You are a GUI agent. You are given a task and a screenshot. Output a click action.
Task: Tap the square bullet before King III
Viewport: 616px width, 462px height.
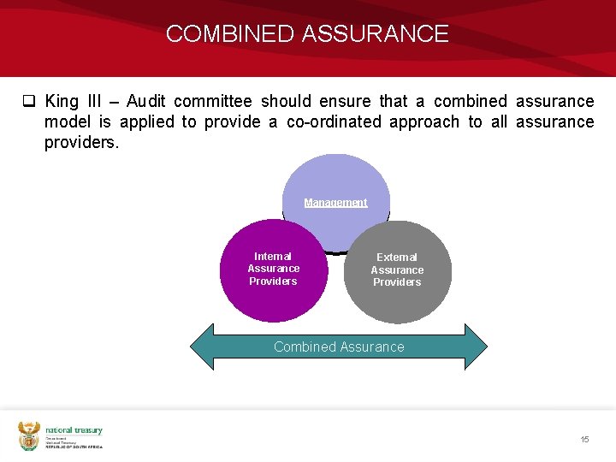[x=28, y=102]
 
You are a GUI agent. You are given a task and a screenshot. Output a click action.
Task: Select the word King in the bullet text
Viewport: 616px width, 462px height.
[x=62, y=102]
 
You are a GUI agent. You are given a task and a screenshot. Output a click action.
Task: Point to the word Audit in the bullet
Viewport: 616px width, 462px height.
[x=150, y=102]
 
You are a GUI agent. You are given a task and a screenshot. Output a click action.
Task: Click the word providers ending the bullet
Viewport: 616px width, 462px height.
[x=81, y=142]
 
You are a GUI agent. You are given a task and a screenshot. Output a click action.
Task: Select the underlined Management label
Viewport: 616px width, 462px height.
[x=335, y=203]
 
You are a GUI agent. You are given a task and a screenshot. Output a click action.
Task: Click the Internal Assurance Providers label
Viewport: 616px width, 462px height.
[x=273, y=269]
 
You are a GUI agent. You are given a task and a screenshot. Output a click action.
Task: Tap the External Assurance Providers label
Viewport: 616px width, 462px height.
[x=397, y=269]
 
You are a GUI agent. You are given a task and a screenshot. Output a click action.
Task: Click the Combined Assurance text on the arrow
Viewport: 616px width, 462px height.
[x=339, y=346]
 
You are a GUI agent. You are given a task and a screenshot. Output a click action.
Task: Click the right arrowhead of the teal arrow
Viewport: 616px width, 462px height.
[x=475, y=346]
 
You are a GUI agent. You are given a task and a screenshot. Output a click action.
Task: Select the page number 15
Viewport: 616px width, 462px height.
[x=584, y=439]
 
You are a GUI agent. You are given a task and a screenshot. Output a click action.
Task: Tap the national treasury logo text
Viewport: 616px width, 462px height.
[x=74, y=430]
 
